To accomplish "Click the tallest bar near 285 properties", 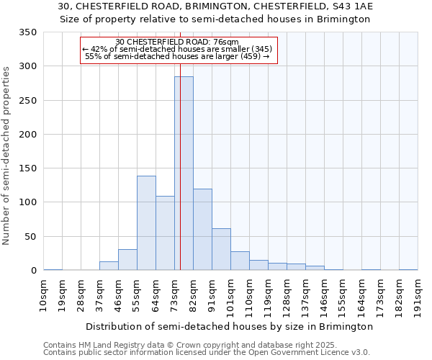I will pyautogui.click(x=184, y=173).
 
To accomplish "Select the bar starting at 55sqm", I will pyautogui.click(x=146, y=223).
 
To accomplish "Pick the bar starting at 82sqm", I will pyautogui.click(x=202, y=230).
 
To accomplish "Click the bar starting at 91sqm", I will pyautogui.click(x=221, y=249).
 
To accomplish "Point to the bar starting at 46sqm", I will pyautogui.click(x=127, y=260).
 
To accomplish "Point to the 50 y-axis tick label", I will pyautogui.click(x=30, y=237).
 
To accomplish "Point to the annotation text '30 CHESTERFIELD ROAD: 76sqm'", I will pyautogui.click(x=177, y=42).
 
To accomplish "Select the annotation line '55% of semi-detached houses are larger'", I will pyautogui.click(x=177, y=56).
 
